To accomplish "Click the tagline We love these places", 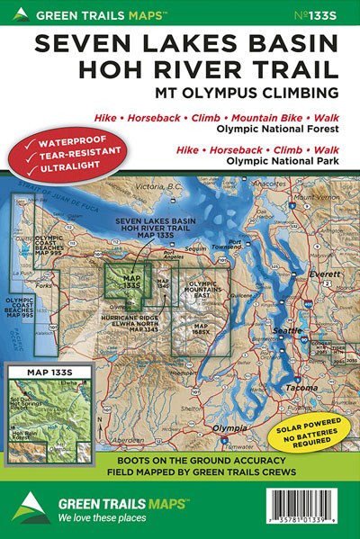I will [102, 520].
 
